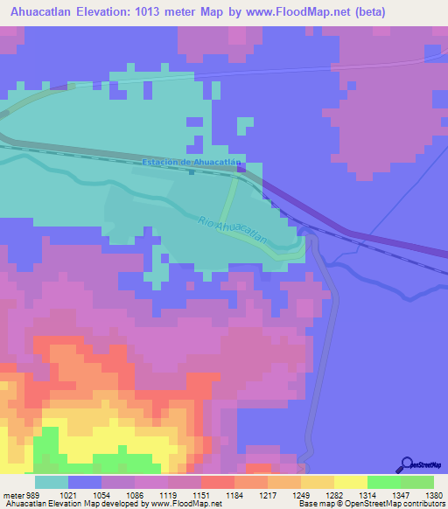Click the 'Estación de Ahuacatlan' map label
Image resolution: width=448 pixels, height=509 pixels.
coord(192,163)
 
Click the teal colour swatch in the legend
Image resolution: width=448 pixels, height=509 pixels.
coord(52,483)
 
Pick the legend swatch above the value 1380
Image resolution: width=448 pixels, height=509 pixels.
coord(417,483)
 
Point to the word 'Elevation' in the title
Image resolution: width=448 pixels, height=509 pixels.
coord(96,13)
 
